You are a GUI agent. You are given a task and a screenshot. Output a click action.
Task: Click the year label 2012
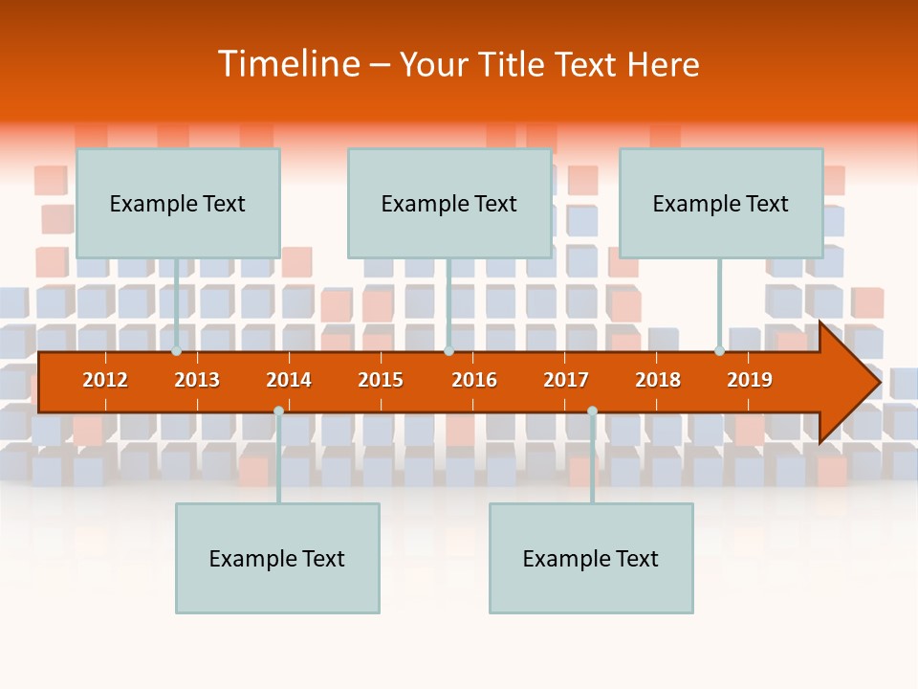(105, 380)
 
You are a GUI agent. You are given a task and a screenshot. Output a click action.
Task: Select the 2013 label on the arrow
(197, 380)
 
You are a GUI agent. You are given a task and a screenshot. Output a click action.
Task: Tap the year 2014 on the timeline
(289, 380)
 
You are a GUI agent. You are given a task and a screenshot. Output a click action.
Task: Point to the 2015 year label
(381, 380)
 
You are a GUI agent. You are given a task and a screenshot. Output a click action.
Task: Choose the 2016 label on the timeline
(474, 380)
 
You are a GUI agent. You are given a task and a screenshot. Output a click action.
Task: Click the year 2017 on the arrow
(566, 380)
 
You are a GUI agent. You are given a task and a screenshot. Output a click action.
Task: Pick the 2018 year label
(658, 380)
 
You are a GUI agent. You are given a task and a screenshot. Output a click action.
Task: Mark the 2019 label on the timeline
(750, 380)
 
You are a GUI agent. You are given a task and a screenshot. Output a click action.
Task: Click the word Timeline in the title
(287, 64)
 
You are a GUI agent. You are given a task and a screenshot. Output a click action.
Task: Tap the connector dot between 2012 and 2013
(177, 351)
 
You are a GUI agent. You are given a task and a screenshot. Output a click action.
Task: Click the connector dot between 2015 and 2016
(448, 351)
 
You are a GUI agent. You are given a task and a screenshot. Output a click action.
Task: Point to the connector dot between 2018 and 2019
(720, 351)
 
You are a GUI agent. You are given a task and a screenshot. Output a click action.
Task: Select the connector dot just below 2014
(278, 411)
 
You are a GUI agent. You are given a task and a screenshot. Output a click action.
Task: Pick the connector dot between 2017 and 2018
(592, 411)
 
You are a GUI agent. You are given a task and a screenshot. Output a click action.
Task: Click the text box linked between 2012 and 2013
(178, 203)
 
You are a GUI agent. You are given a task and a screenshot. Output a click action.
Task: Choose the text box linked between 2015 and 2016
(449, 203)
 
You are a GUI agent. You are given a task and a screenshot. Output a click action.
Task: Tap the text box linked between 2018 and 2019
(721, 203)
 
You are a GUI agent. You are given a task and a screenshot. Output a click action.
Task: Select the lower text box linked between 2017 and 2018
(591, 558)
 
